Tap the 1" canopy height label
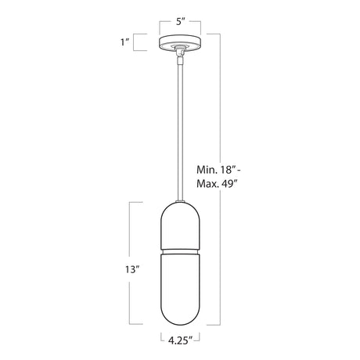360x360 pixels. coord(125,42)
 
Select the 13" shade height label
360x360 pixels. coord(131,269)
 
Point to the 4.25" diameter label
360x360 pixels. coord(180,340)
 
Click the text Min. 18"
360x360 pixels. coord(217,170)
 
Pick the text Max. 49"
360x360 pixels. coord(217,184)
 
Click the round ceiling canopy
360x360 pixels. coord(180,41)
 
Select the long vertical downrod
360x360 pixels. coord(180,131)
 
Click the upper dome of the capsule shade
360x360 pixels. coord(180,225)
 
